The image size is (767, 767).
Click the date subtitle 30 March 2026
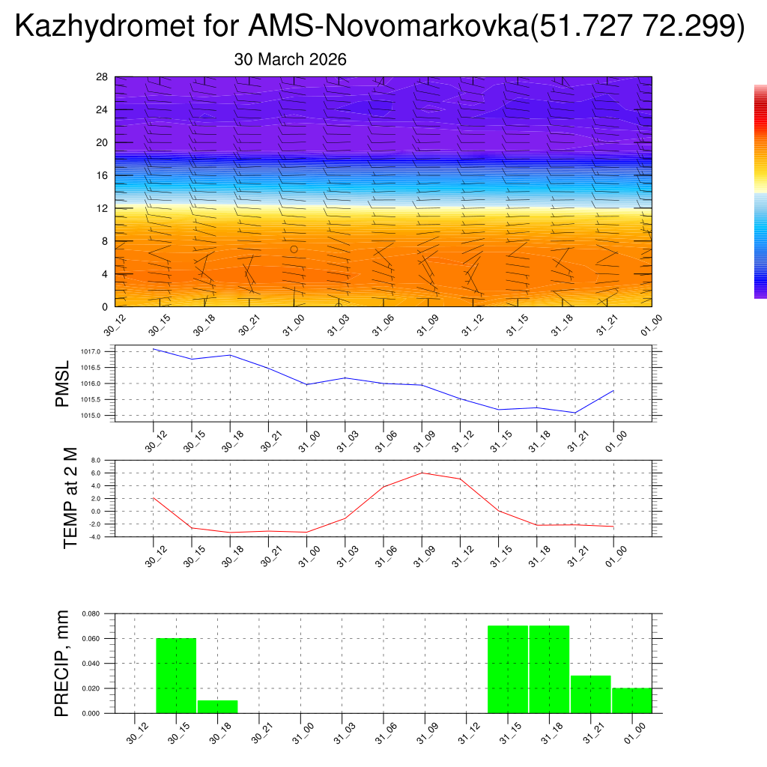(x=290, y=59)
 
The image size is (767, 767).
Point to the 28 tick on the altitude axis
(x=103, y=77)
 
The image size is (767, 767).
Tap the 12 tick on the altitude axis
(x=103, y=208)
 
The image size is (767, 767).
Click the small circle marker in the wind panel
(x=294, y=249)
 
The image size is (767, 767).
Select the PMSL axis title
(x=62, y=383)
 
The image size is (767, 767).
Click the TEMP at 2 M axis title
(x=70, y=498)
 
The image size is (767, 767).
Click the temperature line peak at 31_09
(x=422, y=473)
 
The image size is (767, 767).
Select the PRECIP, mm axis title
(x=62, y=663)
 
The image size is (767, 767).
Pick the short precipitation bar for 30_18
(x=217, y=706)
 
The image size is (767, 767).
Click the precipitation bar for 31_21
(x=590, y=694)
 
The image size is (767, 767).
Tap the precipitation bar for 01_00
(x=631, y=700)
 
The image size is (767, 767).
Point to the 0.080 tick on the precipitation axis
(x=91, y=613)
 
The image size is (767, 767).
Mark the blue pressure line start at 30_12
(x=154, y=349)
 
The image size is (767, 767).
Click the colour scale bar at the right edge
(x=760, y=191)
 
